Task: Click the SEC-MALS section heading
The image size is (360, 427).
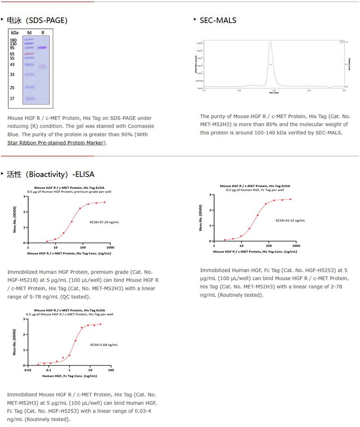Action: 218,20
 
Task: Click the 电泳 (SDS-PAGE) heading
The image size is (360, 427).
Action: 37,20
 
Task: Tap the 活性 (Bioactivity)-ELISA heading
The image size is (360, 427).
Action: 50,174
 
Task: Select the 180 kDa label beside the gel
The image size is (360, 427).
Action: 13,40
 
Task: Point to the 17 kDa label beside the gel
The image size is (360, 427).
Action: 13,99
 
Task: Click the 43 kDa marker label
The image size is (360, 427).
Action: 13,65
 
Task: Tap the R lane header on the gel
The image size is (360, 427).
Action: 43,33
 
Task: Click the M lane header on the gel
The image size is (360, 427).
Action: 29,33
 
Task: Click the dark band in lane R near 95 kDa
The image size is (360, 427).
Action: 42,48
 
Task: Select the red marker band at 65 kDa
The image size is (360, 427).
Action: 29,54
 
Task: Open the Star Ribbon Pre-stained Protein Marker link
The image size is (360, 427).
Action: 56,143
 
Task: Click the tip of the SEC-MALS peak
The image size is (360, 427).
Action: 270,42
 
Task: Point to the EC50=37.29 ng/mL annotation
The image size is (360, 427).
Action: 105,222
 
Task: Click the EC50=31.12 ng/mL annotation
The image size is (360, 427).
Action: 290,220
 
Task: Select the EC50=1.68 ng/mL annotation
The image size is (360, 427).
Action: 104,345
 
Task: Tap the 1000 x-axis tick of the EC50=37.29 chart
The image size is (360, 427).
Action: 110,247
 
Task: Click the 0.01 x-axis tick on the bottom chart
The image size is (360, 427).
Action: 28,370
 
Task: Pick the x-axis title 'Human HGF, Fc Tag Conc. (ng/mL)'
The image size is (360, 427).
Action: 69,376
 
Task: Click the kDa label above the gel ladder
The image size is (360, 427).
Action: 15,33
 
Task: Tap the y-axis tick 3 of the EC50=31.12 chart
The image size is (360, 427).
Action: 211,195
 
